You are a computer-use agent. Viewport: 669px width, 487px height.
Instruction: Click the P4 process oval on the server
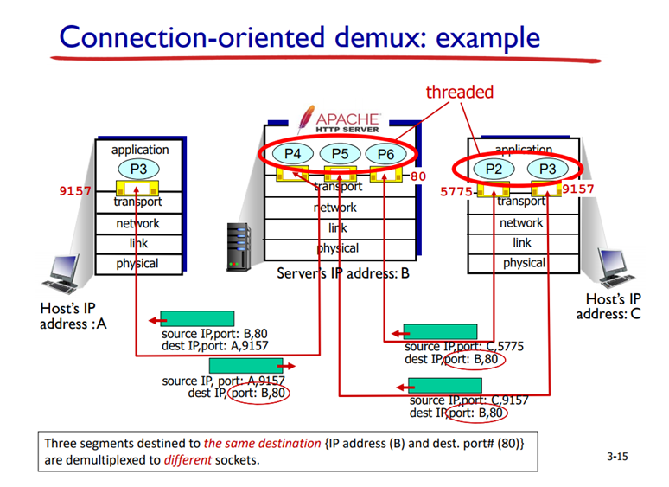point(293,154)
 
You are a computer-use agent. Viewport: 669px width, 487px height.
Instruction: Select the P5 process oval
point(340,154)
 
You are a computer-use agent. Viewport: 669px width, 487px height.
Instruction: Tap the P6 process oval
point(385,154)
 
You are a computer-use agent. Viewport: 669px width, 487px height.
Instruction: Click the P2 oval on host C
point(493,169)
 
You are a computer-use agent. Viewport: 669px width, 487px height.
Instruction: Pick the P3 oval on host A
point(139,168)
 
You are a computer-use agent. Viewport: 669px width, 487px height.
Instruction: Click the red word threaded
point(459,92)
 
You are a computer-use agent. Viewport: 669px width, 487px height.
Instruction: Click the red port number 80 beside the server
point(418,176)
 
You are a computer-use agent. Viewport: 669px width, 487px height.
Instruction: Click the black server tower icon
point(237,245)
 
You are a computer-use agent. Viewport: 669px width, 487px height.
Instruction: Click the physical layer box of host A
point(138,264)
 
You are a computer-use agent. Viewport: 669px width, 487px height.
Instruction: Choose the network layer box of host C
point(522,222)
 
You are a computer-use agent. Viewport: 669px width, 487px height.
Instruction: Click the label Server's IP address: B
point(342,273)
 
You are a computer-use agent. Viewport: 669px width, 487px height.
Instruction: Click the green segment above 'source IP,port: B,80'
point(197,319)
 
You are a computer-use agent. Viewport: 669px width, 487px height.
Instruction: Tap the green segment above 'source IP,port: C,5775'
point(440,332)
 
